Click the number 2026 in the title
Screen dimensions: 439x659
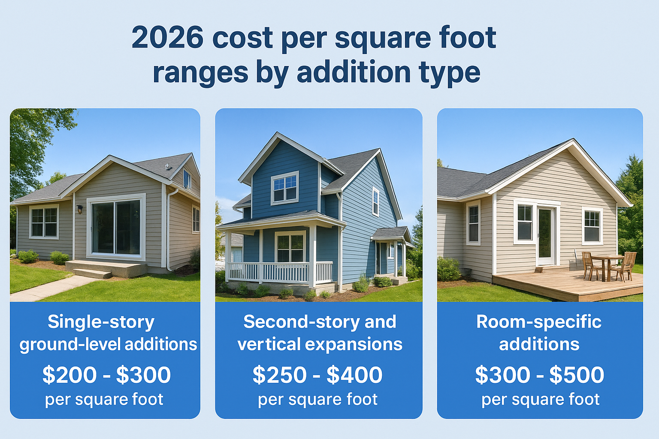click(167, 38)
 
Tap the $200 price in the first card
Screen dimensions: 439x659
click(70, 375)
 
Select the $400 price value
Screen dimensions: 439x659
click(354, 375)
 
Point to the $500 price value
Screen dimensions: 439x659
click(577, 375)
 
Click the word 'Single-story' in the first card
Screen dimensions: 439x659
click(101, 322)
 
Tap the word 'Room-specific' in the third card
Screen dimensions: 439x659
click(539, 322)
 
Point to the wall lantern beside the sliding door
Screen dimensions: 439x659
click(80, 209)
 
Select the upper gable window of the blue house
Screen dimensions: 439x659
click(285, 188)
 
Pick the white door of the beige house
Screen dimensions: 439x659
click(545, 235)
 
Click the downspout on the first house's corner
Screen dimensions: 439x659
click(168, 232)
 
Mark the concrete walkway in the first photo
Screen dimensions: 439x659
click(51, 288)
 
